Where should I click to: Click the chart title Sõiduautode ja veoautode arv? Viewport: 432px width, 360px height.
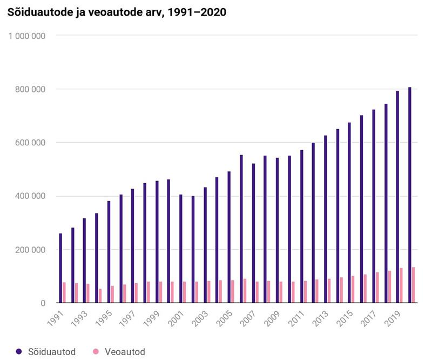click(116, 12)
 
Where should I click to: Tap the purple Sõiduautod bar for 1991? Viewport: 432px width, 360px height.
click(60, 268)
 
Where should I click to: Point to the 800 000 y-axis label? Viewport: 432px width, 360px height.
click(31, 89)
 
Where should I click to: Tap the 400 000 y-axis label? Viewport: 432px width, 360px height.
click(31, 196)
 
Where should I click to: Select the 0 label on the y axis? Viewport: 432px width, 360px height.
click(43, 303)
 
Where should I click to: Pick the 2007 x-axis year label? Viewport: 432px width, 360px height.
click(250, 317)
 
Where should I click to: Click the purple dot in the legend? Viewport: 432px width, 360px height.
click(19, 351)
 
